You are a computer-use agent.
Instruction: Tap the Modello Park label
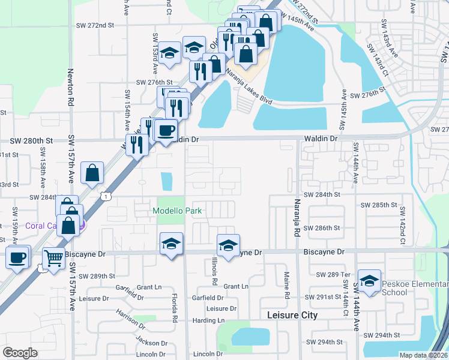[x=177, y=211]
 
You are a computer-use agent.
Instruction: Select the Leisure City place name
[x=292, y=315]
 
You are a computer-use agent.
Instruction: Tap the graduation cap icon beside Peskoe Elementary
[x=369, y=280]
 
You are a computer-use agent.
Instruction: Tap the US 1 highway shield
[x=106, y=196]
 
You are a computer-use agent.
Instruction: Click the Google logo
[x=20, y=352]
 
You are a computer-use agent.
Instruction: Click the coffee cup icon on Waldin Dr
[x=165, y=129]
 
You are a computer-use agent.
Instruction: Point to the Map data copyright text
[x=423, y=355]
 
